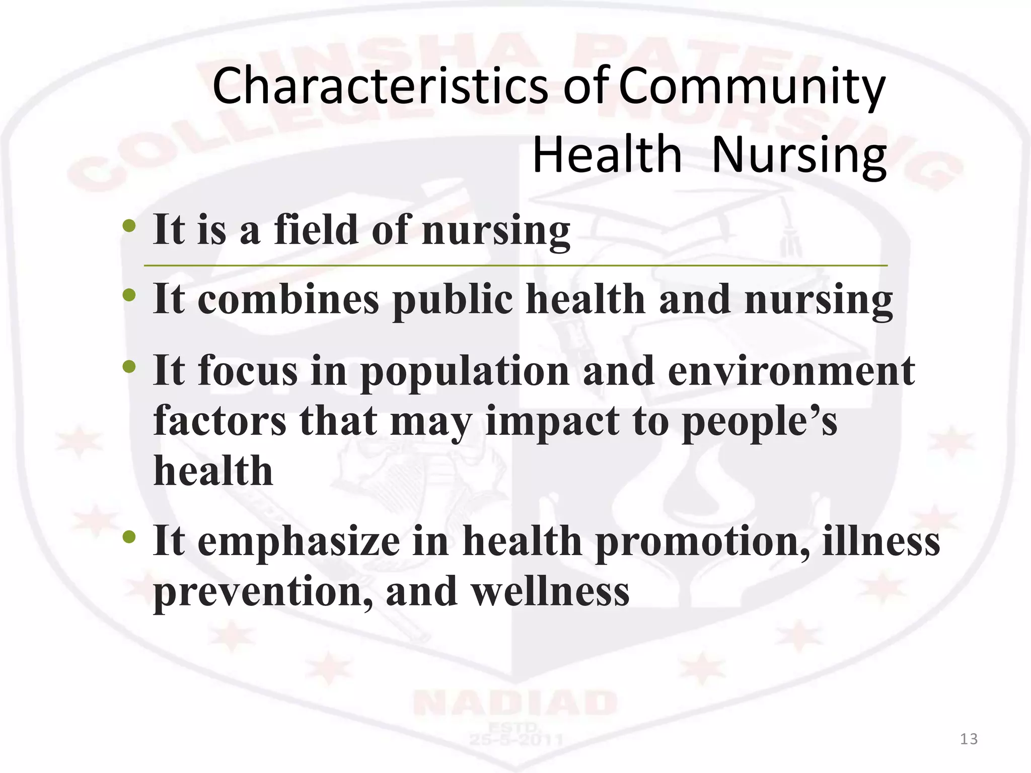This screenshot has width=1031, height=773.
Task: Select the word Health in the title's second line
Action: (607, 154)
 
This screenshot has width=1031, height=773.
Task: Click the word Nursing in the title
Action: (799, 156)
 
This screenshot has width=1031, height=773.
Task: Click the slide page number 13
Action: (969, 739)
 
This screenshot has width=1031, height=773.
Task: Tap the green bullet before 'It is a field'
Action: (129, 226)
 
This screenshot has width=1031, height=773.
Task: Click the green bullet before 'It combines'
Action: (129, 295)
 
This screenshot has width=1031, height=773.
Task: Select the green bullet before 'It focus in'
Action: (129, 366)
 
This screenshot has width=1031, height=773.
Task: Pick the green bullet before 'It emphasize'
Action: (129, 537)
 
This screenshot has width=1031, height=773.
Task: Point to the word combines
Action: (288, 299)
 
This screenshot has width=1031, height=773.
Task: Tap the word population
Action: (464, 371)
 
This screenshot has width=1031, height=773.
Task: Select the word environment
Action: (791, 370)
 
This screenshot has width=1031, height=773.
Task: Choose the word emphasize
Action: (299, 542)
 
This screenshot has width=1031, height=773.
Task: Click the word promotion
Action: (702, 542)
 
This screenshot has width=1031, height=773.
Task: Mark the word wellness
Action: (550, 592)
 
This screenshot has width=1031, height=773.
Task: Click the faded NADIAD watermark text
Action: (514, 703)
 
